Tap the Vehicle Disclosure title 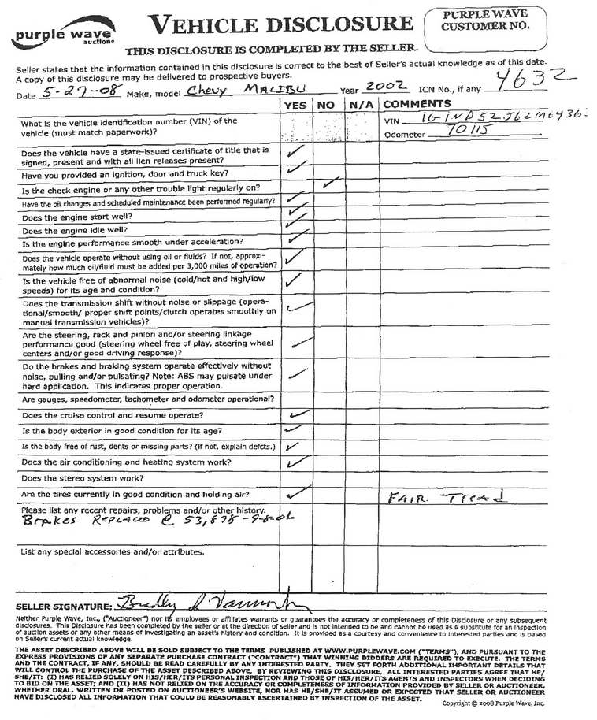coord(281,25)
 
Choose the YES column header coord(295,105)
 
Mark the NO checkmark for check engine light coord(331,184)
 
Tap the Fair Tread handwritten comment coord(445,498)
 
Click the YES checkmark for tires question coord(295,494)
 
